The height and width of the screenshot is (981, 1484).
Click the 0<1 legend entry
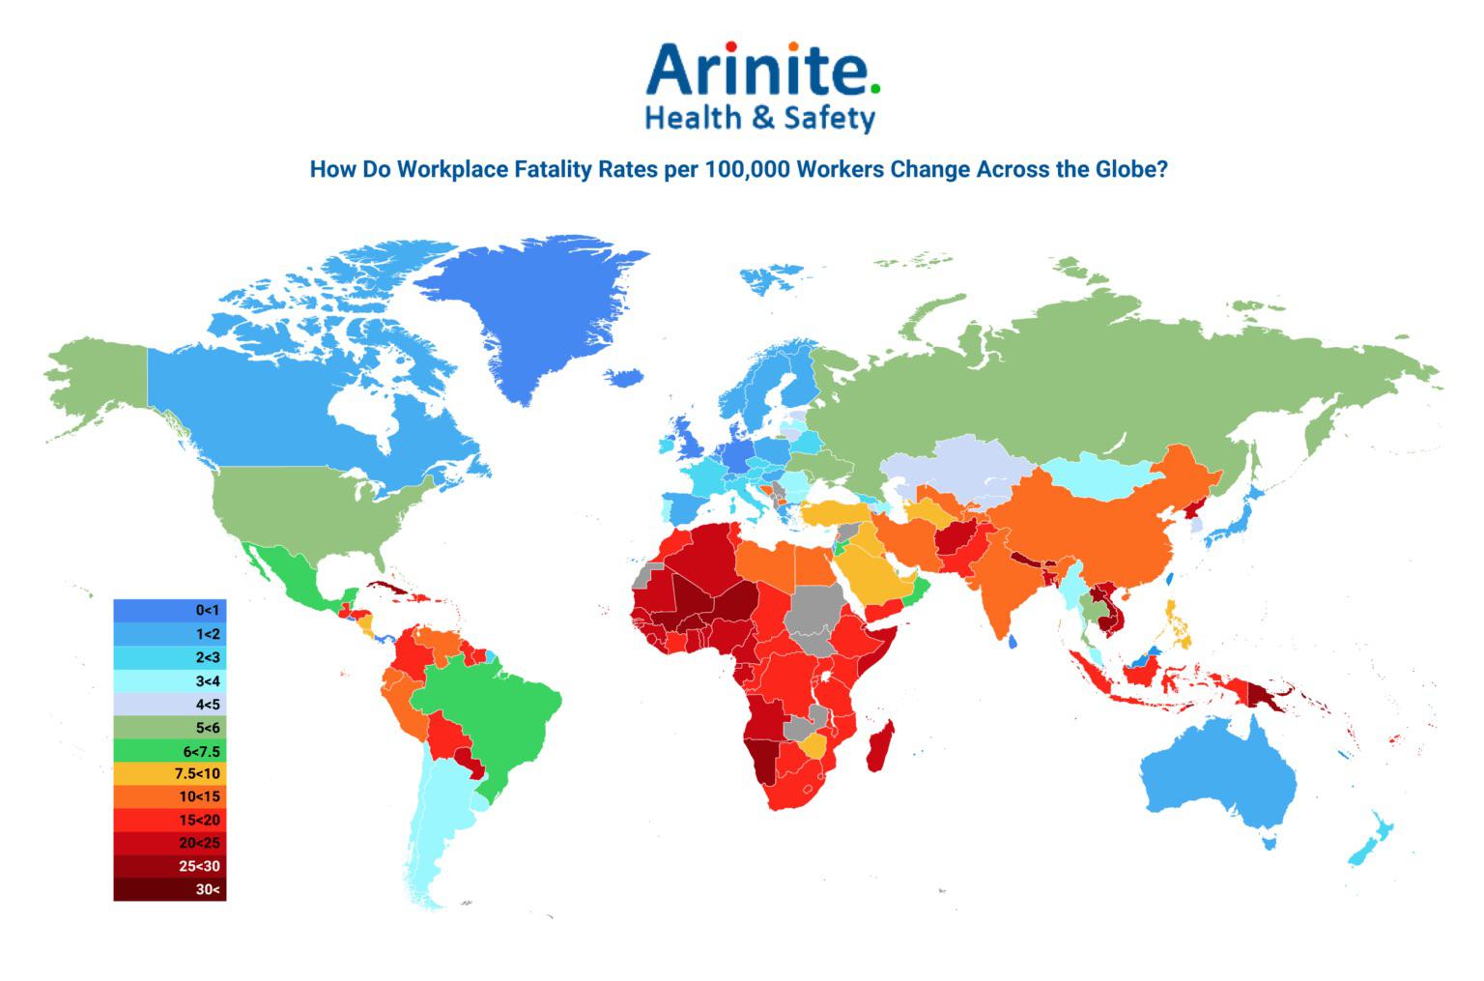click(170, 611)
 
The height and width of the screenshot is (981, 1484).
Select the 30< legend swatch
click(170, 889)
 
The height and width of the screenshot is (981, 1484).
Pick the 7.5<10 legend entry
click(170, 773)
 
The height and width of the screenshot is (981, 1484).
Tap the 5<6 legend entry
click(170, 727)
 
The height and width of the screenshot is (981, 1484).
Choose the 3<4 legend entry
click(170, 680)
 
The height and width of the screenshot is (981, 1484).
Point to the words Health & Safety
click(759, 119)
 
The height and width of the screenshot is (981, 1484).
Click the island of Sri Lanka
click(1012, 641)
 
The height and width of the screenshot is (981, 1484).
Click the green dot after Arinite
click(875, 88)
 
